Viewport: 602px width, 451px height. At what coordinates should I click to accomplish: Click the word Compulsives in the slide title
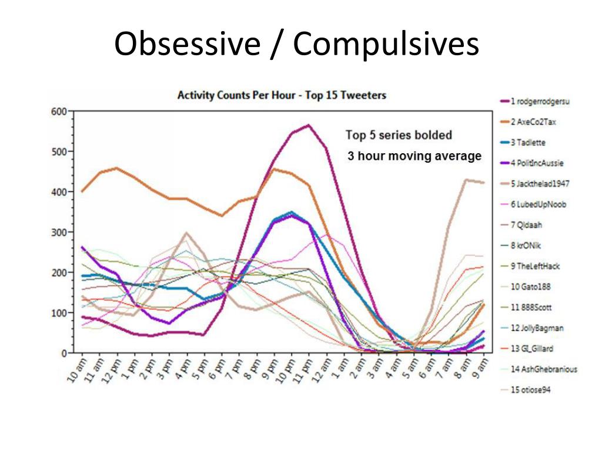[386, 44]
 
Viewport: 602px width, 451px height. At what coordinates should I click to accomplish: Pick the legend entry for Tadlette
[529, 142]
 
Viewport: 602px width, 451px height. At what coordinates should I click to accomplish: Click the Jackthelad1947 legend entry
[540, 183]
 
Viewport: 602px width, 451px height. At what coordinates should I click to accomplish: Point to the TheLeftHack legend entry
[535, 266]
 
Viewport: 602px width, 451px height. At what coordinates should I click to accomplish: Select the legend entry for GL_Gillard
[533, 348]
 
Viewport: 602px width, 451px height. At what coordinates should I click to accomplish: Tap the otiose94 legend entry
[530, 390]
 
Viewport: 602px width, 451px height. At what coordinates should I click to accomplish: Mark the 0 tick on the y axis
[63, 354]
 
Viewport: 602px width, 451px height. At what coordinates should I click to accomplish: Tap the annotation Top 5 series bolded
[399, 135]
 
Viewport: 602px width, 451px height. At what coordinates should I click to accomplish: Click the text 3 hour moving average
[414, 156]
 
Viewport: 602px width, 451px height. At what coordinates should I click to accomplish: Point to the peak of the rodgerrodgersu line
[308, 125]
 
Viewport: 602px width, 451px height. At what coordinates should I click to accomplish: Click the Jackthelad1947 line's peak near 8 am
[466, 180]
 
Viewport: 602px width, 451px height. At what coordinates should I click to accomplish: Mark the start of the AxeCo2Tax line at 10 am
[82, 191]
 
